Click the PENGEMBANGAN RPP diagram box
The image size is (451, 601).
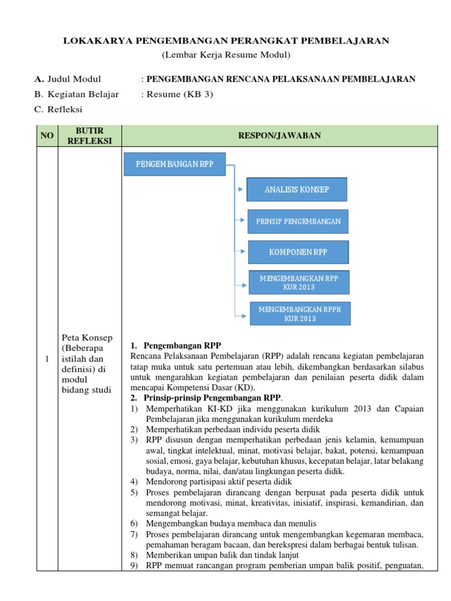tap(174, 164)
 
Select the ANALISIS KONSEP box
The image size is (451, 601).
tap(297, 190)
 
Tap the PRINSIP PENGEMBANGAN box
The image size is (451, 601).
tap(298, 221)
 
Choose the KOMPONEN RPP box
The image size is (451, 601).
tap(298, 252)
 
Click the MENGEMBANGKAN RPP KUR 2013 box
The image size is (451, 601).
tap(299, 282)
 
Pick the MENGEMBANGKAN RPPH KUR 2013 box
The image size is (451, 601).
tap(300, 313)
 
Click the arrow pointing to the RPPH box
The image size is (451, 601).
tap(242, 315)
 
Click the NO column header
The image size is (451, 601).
tap(46, 136)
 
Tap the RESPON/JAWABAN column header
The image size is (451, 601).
tap(279, 136)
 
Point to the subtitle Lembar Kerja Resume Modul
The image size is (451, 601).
tap(226, 55)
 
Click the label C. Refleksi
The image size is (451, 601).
tap(59, 109)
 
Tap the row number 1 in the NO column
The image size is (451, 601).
tap(46, 359)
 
